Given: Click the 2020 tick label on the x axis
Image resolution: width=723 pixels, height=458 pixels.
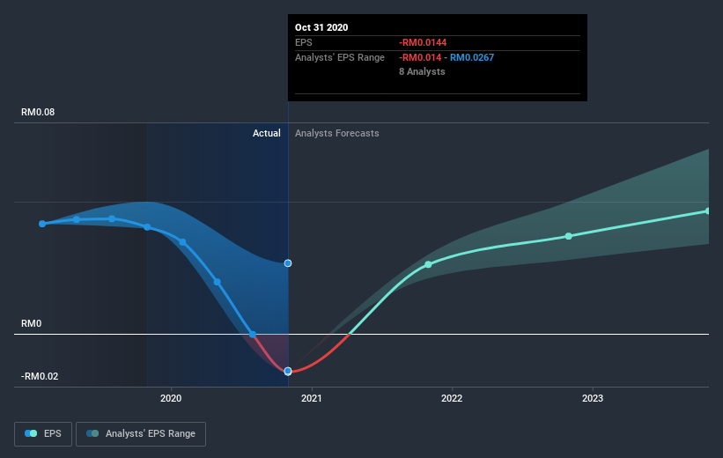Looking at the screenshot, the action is click(171, 398).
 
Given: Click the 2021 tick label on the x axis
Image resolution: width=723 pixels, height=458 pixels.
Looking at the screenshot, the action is click(311, 398).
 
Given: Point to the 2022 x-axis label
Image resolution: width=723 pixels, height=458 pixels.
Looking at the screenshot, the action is click(452, 398).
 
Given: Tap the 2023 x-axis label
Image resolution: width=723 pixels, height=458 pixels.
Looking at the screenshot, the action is click(592, 398).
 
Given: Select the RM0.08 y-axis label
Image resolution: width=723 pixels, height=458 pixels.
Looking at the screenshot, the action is click(38, 112).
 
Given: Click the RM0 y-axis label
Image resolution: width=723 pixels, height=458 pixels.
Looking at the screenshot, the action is click(32, 323).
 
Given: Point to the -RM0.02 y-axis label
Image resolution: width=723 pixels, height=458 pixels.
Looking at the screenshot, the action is click(40, 376).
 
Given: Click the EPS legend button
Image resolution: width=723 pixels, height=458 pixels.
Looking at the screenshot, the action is click(43, 434).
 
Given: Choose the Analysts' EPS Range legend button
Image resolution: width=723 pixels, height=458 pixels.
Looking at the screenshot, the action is click(141, 434).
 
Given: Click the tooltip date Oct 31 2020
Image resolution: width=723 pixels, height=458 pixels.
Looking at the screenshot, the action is click(321, 27).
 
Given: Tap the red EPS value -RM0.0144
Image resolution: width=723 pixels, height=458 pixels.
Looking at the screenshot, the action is click(423, 42).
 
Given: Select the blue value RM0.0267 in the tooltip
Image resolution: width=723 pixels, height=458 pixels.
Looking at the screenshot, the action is click(472, 57).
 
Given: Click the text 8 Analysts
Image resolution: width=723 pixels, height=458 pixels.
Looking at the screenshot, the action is click(422, 71).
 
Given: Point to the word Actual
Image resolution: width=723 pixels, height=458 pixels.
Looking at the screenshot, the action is click(267, 133).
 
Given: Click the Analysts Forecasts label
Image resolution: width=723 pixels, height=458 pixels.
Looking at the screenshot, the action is click(337, 133).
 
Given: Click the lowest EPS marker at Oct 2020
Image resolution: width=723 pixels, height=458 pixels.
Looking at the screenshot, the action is click(288, 372).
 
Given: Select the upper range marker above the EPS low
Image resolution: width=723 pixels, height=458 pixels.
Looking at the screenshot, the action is click(288, 262).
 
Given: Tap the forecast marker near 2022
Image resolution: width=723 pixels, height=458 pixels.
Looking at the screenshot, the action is click(428, 264).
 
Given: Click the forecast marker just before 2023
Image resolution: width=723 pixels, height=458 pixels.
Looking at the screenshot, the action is click(569, 236).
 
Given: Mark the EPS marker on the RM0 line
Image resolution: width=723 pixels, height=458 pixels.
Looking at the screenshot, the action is click(252, 335).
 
